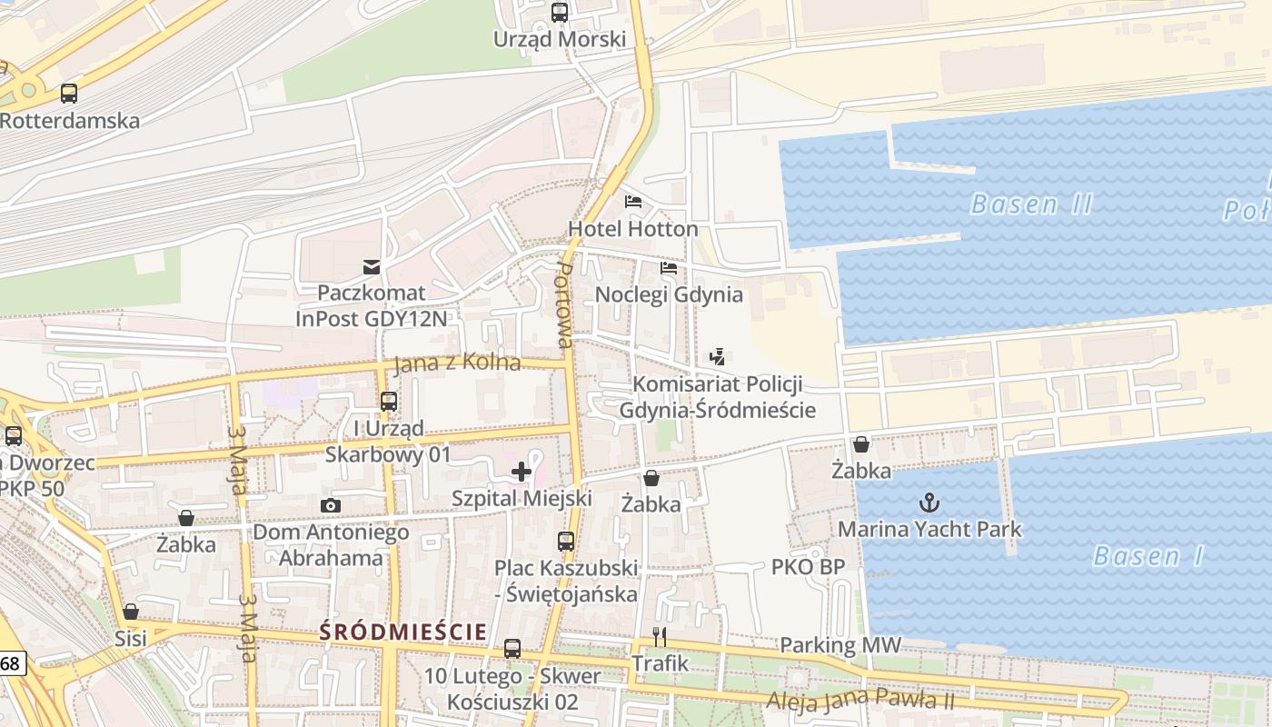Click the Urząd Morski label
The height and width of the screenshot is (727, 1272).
coord(560,39)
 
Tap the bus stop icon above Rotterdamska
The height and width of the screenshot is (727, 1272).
coord(69,93)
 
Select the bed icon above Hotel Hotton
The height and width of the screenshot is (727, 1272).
coord(633,201)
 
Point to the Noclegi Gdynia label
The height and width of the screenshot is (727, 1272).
coord(669,294)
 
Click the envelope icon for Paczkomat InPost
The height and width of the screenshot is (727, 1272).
coord(372,266)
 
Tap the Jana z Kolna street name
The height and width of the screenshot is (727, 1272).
coord(457,363)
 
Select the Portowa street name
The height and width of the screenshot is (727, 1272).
coord(564,306)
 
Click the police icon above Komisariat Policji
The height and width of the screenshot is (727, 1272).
coord(718,357)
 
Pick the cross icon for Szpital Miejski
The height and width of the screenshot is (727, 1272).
coord(522,472)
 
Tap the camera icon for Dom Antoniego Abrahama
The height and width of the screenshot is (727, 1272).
coord(331,505)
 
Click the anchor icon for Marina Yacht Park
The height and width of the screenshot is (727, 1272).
coord(929,502)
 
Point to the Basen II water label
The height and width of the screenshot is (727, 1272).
coord(1031,204)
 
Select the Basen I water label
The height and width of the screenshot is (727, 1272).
coord(1148,555)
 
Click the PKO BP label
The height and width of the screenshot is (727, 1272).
coord(808,567)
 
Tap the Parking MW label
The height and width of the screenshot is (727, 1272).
coord(840,645)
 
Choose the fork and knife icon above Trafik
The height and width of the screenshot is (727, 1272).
coord(661,636)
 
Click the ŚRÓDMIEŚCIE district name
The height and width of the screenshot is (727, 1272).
coord(403,631)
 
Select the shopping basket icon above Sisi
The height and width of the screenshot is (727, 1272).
coord(131,612)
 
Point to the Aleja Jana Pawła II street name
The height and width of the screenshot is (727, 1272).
coord(860,700)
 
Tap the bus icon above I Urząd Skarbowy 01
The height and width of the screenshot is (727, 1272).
coord(389,401)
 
